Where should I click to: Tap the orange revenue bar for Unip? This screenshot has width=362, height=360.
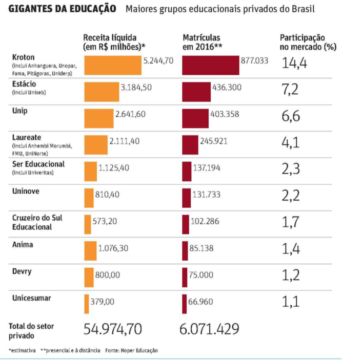click(x=99, y=118)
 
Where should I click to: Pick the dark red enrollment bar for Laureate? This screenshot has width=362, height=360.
click(x=190, y=144)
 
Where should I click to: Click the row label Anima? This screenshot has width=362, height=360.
click(x=23, y=244)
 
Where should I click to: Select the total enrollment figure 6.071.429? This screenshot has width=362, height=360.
click(x=210, y=328)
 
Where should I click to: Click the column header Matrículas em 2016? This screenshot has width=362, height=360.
click(x=202, y=42)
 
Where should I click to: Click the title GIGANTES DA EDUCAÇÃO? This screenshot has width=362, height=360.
click(x=62, y=10)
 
